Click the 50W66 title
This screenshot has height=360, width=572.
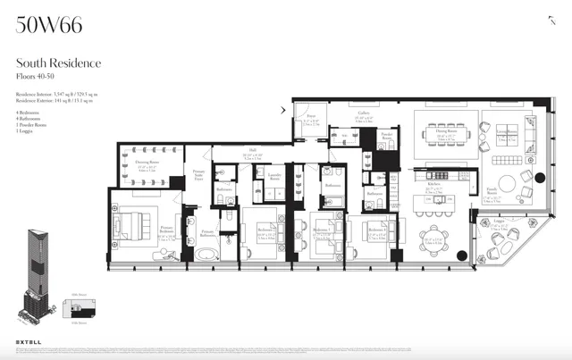(x=49, y=25)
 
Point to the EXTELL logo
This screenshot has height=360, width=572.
(x=29, y=340)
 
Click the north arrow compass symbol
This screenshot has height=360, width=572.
(x=551, y=21)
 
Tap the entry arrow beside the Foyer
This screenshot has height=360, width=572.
(x=283, y=111)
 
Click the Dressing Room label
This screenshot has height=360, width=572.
(x=147, y=163)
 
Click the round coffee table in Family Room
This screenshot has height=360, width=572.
(x=507, y=183)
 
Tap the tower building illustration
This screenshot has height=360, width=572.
(x=38, y=269)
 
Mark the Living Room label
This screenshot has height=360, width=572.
(x=506, y=133)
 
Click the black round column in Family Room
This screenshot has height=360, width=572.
(x=462, y=256)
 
